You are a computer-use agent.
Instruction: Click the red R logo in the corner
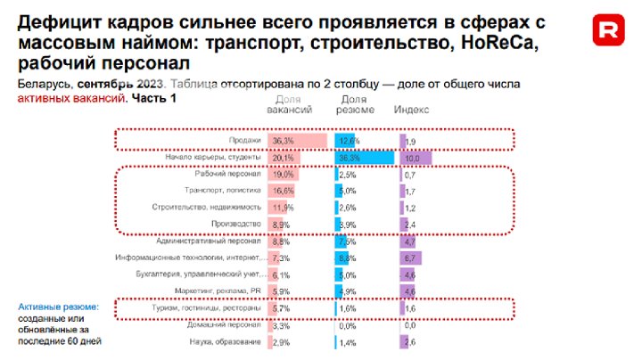tap(609, 32)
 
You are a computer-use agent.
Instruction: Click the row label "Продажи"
tap(243, 141)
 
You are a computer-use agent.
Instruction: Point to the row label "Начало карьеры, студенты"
tap(213, 158)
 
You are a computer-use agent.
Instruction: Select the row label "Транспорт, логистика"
tap(222, 191)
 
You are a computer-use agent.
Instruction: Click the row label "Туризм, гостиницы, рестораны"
tap(210, 308)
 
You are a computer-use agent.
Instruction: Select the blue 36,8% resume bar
tap(365, 158)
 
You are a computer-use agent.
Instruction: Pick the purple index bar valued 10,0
tap(416, 158)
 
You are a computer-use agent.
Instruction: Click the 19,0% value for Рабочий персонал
tap(283, 174)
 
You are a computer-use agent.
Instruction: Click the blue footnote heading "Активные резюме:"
tap(59, 307)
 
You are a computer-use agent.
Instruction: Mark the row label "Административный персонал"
tap(209, 241)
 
